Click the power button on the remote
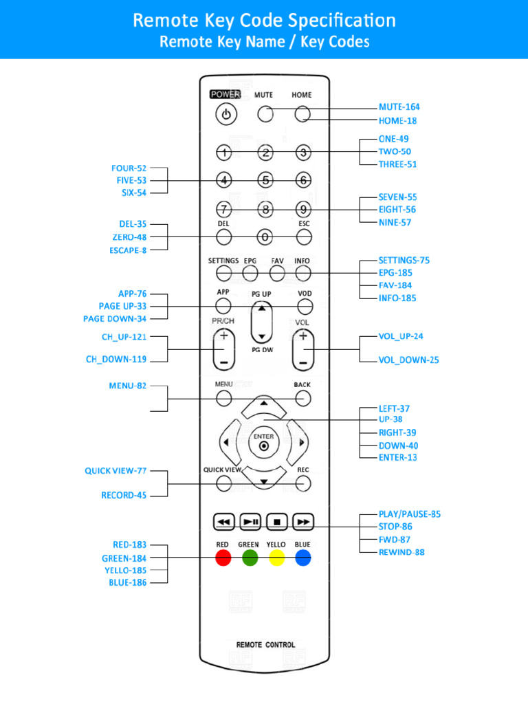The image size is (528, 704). click(227, 115)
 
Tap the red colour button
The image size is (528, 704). click(223, 558)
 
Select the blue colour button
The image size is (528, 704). click(303, 558)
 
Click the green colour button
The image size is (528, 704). click(250, 558)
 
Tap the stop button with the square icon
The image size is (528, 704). click(277, 522)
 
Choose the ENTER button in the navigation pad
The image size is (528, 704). click(263, 445)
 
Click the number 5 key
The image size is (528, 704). click(265, 180)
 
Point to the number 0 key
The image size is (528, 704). click(265, 237)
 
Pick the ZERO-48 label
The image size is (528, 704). click(129, 237)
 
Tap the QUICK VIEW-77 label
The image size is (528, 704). click(115, 471)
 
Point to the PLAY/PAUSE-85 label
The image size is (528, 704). click(410, 514)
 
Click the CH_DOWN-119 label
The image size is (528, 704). click(116, 359)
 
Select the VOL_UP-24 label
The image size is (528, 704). click(401, 336)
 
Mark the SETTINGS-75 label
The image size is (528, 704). click(404, 261)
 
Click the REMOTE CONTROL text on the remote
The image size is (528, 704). click(265, 645)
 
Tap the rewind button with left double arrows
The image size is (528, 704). click(223, 522)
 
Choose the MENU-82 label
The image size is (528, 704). click(127, 386)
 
